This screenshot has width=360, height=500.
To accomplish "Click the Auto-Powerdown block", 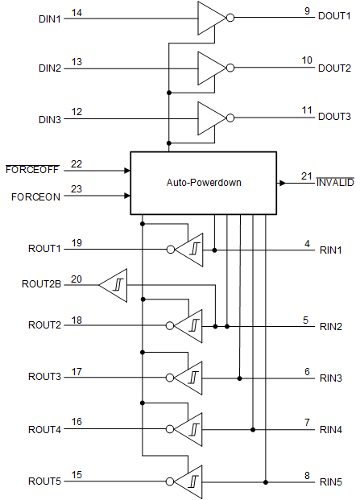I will tap(203, 183).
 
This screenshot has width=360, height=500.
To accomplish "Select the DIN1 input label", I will tap(49, 17).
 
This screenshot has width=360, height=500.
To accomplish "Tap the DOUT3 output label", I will tap(334, 117).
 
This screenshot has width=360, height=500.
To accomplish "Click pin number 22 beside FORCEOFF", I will tap(77, 164).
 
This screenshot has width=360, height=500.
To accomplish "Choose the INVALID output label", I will tap(334, 183).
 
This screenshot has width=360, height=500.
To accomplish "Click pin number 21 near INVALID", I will tap(306, 176).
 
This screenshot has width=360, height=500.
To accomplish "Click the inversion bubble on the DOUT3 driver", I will tap(231, 118).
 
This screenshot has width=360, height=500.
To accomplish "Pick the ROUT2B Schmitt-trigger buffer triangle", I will tap(114, 284).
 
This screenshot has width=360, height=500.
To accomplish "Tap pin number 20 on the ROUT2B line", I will tap(77, 279).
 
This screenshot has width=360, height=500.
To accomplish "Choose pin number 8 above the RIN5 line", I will tap(307, 475).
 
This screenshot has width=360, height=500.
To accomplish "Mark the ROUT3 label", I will tap(44, 377).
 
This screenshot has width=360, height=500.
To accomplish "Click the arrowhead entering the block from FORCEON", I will tap(126, 196).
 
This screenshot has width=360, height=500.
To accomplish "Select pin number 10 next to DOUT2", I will tap(307, 60).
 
